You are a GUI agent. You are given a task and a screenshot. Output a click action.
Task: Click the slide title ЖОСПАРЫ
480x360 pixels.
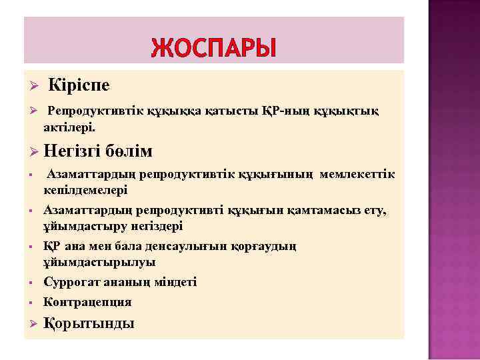213,48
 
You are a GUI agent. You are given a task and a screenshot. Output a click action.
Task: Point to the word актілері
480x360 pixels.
69,125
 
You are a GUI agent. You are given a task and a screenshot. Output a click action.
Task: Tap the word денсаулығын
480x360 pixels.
179,247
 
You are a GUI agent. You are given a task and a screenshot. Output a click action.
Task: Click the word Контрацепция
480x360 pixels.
87,302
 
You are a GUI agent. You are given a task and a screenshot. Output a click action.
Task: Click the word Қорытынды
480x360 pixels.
89,324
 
